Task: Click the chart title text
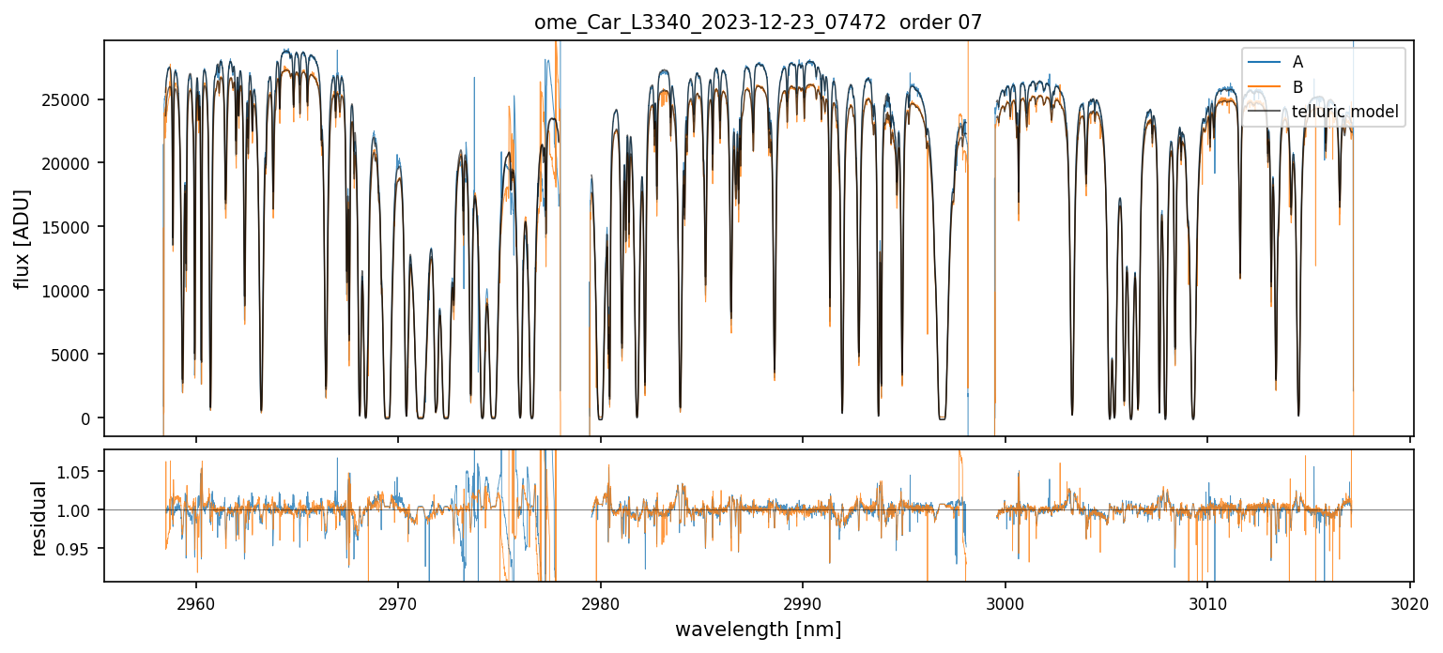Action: coord(758,23)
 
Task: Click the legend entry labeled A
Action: coord(1297,62)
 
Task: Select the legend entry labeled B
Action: coord(1297,87)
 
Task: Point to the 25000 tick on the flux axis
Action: coord(71,99)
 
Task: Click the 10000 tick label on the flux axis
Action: coord(71,291)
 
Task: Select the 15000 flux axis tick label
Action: coord(71,227)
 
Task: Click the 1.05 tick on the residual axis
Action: coord(79,472)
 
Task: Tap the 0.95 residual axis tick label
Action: coord(79,548)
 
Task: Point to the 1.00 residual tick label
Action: coord(79,510)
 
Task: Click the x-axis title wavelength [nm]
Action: coord(758,629)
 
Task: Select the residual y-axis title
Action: coord(38,518)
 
